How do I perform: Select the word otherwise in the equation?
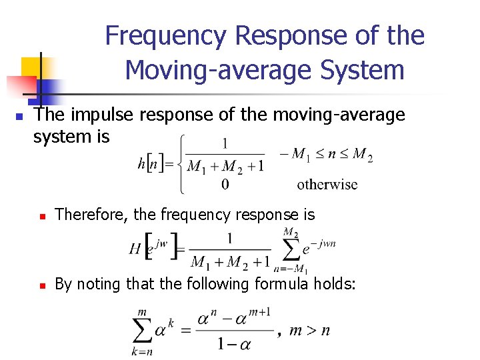coord(327,185)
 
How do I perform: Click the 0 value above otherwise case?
coord(225,184)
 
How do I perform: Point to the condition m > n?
coord(311,330)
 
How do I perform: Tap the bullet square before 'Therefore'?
coord(41,216)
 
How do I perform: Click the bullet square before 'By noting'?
coord(41,285)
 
